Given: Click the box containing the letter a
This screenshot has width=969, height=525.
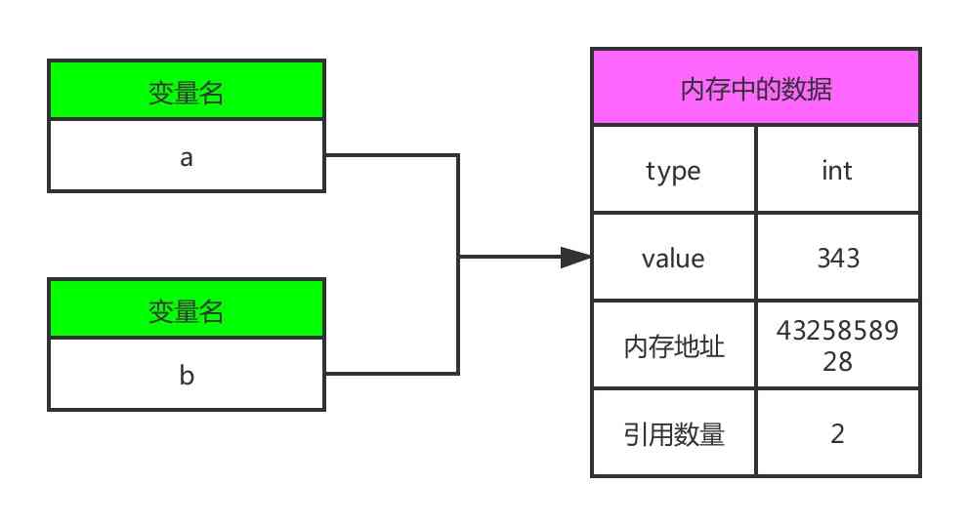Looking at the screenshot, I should (186, 156).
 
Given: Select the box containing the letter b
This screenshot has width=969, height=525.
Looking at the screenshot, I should (186, 375).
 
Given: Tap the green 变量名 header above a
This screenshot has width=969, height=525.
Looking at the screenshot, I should (186, 92).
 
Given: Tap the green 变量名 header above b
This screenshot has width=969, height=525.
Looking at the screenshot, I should (186, 310).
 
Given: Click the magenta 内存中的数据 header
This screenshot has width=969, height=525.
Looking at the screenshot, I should (755, 89).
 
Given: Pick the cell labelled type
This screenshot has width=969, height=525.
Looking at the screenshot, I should (674, 170).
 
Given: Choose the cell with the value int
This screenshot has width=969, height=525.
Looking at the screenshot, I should (837, 170).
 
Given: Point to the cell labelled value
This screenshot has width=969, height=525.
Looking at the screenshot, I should (674, 258).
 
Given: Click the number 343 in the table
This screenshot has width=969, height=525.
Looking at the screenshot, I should (837, 258).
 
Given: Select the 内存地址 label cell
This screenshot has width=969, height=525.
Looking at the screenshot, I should (674, 345).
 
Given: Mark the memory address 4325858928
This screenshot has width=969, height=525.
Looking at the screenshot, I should (837, 345).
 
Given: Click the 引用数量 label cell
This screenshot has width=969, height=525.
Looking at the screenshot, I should (674, 433).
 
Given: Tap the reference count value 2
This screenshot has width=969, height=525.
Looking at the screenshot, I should (837, 433).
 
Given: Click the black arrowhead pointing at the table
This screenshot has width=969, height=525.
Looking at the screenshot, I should (576, 258).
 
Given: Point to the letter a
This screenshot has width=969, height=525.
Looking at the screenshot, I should (187, 157).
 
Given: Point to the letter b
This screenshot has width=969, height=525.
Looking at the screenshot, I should (187, 375).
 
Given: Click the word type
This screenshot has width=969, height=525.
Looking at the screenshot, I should (674, 172).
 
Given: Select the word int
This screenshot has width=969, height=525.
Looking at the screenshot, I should (837, 171).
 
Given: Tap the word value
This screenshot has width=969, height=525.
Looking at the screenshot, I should (673, 259).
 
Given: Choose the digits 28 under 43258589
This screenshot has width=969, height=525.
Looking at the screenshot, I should (837, 360).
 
